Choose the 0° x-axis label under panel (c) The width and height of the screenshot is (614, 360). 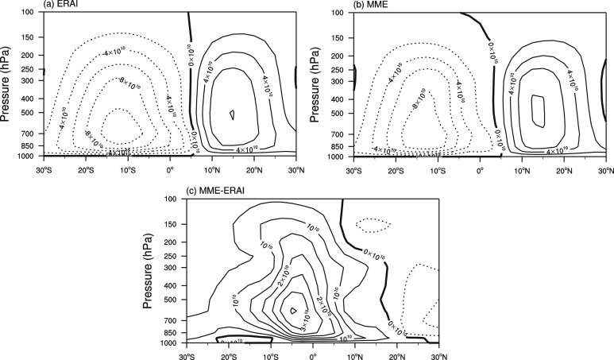click(312, 354)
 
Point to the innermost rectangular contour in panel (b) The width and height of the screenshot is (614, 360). click(538, 110)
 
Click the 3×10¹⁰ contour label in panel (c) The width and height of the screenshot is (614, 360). click(307, 324)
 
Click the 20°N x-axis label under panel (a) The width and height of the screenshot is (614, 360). click(254, 169)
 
